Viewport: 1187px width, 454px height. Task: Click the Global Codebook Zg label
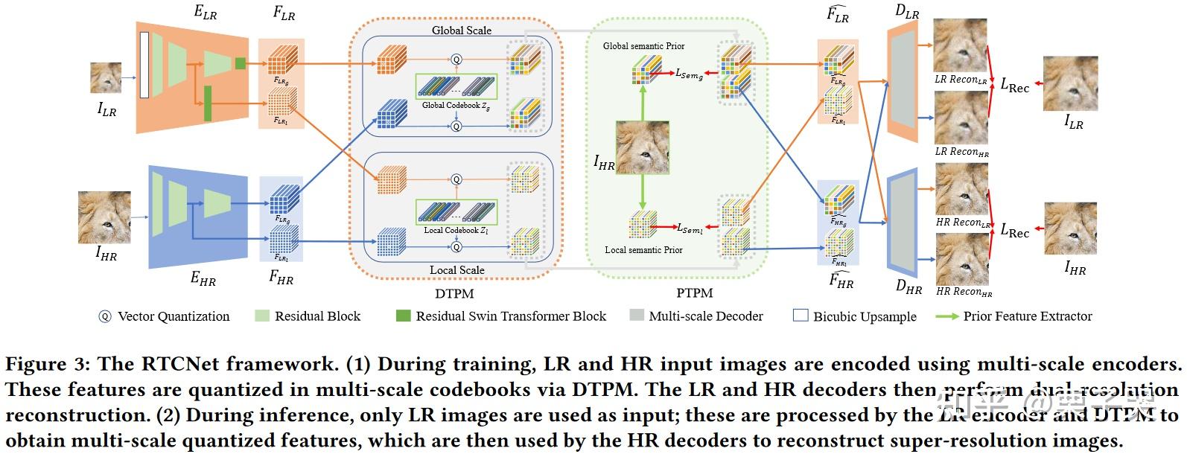click(456, 106)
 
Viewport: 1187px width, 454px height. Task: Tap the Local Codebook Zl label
click(456, 231)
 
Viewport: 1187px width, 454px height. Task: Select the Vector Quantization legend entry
click(164, 316)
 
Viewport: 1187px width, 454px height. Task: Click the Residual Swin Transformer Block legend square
click(403, 316)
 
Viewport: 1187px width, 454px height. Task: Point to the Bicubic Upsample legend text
click(864, 316)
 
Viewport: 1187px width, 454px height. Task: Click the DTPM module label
click(454, 294)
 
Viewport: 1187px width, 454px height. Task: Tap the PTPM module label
click(694, 293)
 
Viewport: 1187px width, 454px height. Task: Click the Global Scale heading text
click(462, 31)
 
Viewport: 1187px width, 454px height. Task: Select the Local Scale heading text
click(457, 269)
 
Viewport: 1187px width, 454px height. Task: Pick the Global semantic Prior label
click(643, 46)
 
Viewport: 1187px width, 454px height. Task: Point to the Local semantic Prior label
click(643, 250)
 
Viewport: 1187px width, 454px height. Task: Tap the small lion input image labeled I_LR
click(106, 77)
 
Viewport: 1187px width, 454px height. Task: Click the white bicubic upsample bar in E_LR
click(144, 65)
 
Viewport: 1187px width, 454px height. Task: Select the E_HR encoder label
click(203, 279)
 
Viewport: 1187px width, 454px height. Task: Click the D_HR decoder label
click(908, 287)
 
